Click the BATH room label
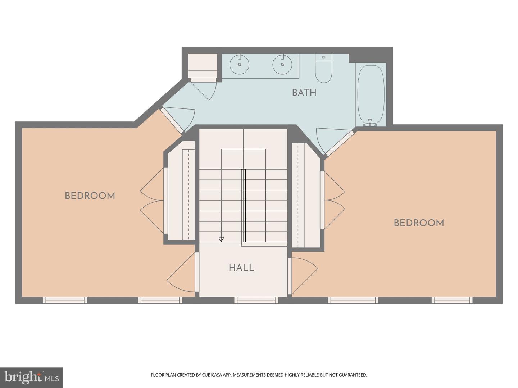click(304, 93)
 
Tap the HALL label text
click(241, 268)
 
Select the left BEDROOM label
click(90, 196)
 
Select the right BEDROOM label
click(419, 223)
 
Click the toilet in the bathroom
click(323, 68)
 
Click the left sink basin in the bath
click(239, 64)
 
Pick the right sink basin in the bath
click(282, 64)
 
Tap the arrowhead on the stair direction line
click(221, 240)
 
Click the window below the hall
click(256, 300)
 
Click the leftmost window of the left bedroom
click(65, 300)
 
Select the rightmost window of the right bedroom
click(452, 300)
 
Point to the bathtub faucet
click(369, 122)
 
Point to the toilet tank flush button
click(323, 57)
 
